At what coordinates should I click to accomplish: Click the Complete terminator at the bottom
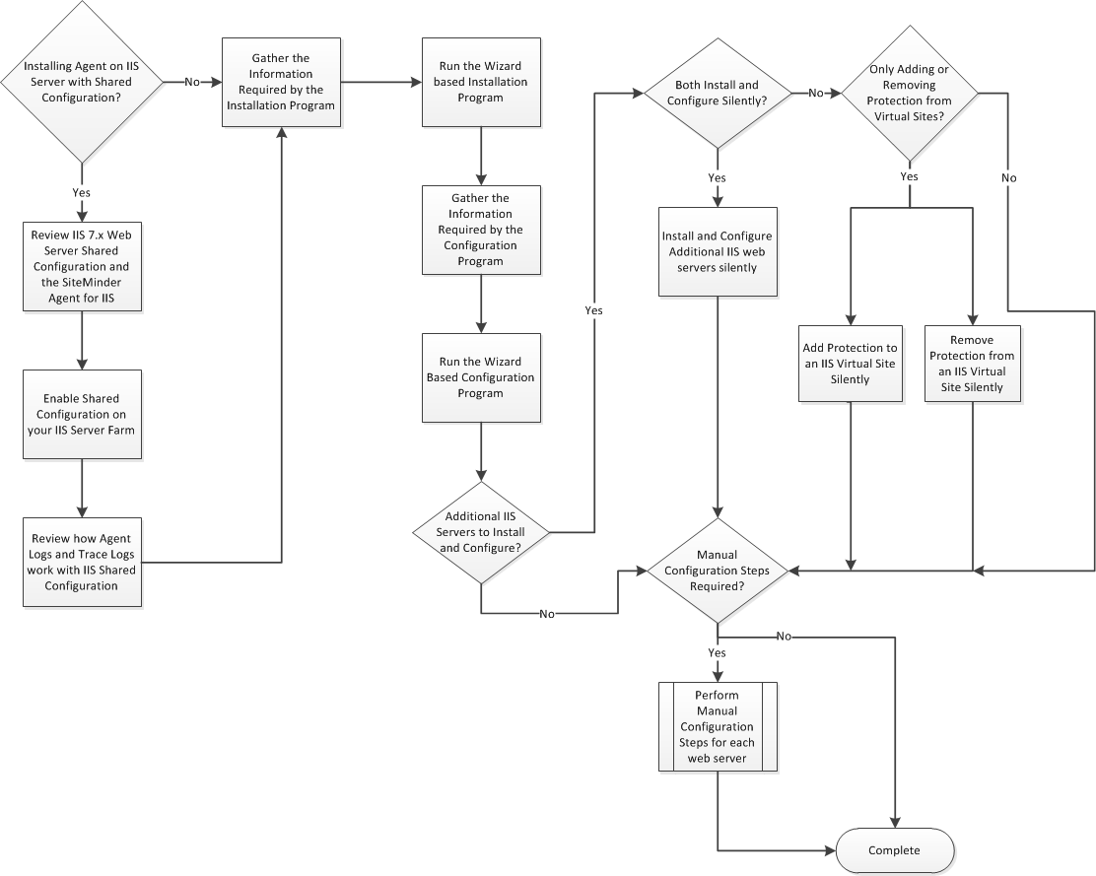pos(895,850)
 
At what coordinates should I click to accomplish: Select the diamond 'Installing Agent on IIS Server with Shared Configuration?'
pos(81,84)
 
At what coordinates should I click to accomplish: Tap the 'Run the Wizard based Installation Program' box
pos(480,83)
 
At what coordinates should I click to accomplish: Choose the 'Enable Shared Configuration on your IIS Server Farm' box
pos(81,414)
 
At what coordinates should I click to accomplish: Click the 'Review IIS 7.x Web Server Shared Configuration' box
pos(81,266)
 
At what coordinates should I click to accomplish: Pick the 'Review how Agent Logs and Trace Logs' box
pos(81,563)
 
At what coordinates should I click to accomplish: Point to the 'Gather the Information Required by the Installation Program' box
pos(282,83)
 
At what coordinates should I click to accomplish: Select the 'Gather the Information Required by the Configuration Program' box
pos(480,229)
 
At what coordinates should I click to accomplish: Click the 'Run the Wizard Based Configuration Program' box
pos(480,378)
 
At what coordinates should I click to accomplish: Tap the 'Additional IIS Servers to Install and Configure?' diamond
pos(481,532)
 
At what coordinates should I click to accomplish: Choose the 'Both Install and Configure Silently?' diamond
pos(718,94)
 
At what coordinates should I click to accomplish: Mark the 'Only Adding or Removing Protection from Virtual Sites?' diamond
pos(909,94)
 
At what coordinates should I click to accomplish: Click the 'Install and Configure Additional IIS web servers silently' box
pos(718,251)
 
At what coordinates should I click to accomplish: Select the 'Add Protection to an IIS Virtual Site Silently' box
pos(850,363)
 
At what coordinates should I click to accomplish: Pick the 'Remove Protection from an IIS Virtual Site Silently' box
pos(973,363)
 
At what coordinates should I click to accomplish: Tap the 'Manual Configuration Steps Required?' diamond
pos(718,571)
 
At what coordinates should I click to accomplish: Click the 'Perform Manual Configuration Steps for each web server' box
pos(718,727)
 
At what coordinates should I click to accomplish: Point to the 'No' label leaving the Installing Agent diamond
pos(194,83)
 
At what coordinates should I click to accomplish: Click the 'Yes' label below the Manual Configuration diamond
pos(718,652)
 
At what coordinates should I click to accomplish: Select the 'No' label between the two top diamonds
pos(817,94)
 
